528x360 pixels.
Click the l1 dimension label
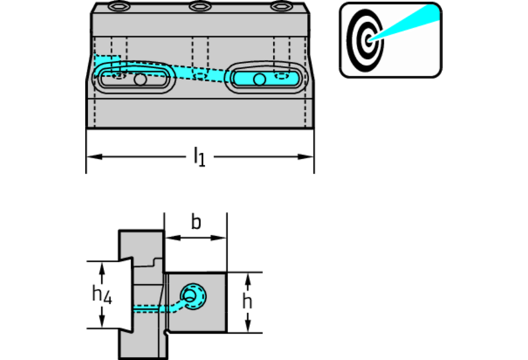[199, 157]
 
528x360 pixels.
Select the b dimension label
[196, 223]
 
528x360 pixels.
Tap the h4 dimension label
[101, 297]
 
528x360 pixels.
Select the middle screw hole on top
[200, 8]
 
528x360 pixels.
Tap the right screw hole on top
[279, 8]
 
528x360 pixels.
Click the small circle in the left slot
[140, 80]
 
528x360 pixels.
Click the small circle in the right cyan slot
[259, 80]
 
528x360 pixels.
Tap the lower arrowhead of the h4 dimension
[102, 323]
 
